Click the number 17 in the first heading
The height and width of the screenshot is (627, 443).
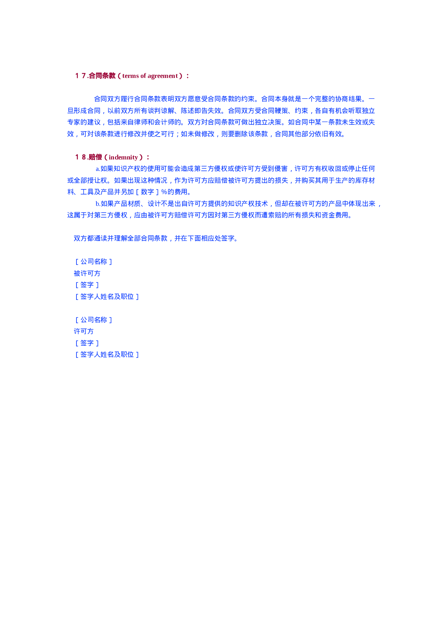pyautogui.click(x=81, y=76)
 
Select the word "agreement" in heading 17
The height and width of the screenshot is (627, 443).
pyautogui.click(x=163, y=76)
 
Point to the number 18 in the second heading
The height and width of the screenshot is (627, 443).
pyautogui.click(x=81, y=157)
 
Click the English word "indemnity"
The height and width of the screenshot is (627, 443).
pyautogui.click(x=123, y=157)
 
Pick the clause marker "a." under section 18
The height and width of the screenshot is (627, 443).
pyautogui.click(x=98, y=169)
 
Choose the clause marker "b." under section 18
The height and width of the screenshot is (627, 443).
pyautogui.click(x=98, y=204)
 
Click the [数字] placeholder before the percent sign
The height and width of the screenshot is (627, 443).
pyautogui.click(x=147, y=192)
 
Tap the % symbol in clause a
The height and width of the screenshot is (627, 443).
pyautogui.click(x=164, y=192)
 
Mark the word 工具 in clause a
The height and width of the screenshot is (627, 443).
pyautogui.click(x=87, y=192)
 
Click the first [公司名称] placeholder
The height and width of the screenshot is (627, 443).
pyautogui.click(x=94, y=262)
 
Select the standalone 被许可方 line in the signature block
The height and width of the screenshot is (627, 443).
pyautogui.click(x=87, y=273)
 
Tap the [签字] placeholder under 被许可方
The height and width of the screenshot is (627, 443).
pyautogui.click(x=87, y=285)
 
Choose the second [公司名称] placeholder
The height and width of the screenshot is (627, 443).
pyautogui.click(x=94, y=320)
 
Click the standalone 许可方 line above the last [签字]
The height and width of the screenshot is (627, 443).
pyautogui.click(x=84, y=331)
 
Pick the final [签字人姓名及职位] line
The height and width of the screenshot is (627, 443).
pyautogui.click(x=107, y=355)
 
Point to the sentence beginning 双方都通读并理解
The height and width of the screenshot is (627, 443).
pyautogui.click(x=156, y=238)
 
